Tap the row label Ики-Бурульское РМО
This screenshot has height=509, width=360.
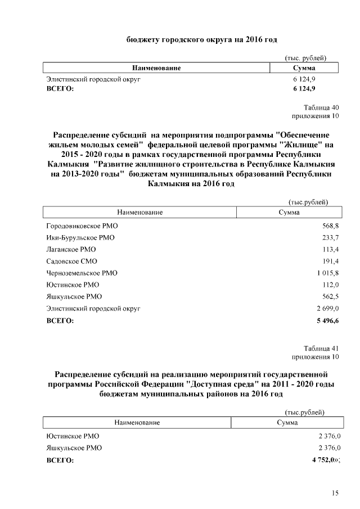coord(80,237)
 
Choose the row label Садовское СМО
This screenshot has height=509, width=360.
coord(73,261)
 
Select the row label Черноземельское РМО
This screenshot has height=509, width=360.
coord(82,273)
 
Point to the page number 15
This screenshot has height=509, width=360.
coord(335,493)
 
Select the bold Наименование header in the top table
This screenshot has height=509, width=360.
coord(156,68)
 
